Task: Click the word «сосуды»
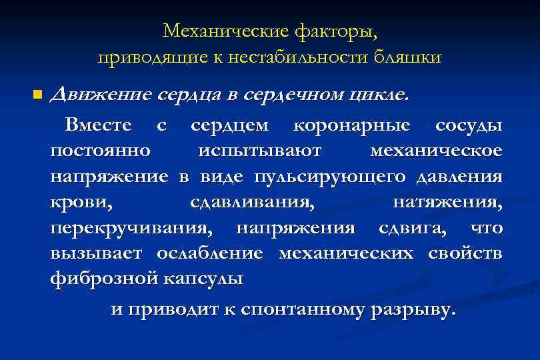coord(469,125)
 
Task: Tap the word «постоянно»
coord(99,151)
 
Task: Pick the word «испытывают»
coord(259,151)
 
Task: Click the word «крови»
coord(75,202)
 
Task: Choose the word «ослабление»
coord(210,253)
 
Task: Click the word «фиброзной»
coord(102,279)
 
